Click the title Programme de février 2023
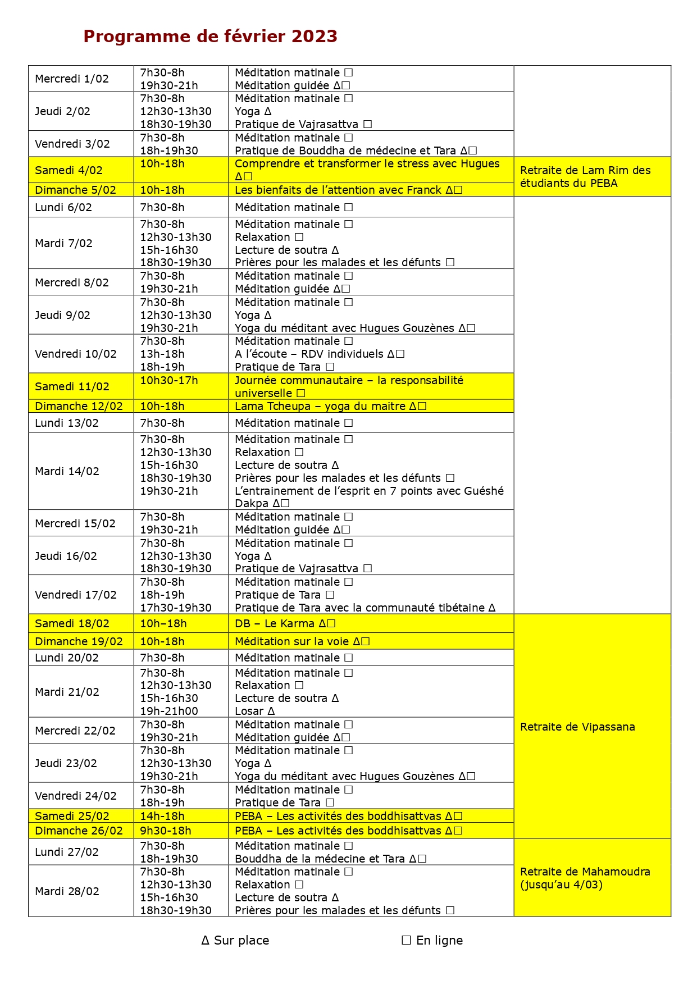[x=210, y=37]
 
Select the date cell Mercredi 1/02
[x=71, y=79]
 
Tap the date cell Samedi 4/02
[x=69, y=170]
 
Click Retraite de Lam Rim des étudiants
[x=585, y=177]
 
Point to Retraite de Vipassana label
[x=577, y=727]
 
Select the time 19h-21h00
[x=168, y=712]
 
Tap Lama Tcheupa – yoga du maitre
[x=330, y=406]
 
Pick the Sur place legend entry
[x=235, y=941]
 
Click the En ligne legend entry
[x=432, y=941]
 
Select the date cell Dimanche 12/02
[x=79, y=406]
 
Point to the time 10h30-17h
[x=168, y=381]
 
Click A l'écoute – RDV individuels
[x=319, y=354]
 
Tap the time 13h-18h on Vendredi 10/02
[x=162, y=354]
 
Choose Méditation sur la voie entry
[x=302, y=641]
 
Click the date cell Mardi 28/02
[x=67, y=892]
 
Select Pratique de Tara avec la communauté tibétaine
[x=365, y=608]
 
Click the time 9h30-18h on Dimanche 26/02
[x=165, y=831]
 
